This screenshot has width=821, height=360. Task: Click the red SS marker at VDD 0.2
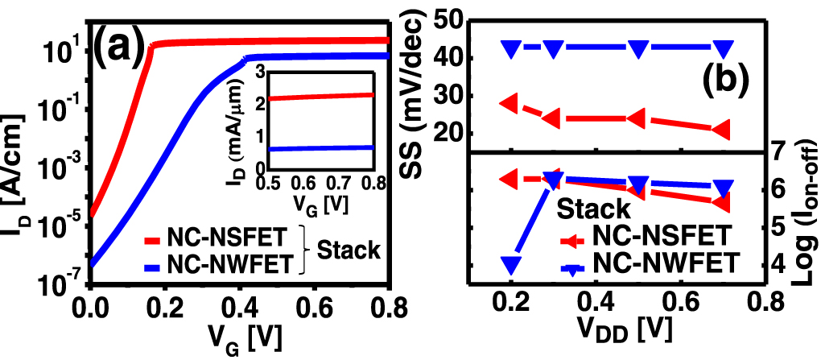510,103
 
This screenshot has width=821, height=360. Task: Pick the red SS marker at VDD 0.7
722,129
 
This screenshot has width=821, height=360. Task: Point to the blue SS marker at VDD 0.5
637,48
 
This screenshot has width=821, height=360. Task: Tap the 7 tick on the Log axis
779,151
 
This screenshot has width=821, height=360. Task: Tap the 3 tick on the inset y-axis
281,73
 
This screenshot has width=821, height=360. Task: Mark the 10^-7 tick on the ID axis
58,283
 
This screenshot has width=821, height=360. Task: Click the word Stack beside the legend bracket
348,250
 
